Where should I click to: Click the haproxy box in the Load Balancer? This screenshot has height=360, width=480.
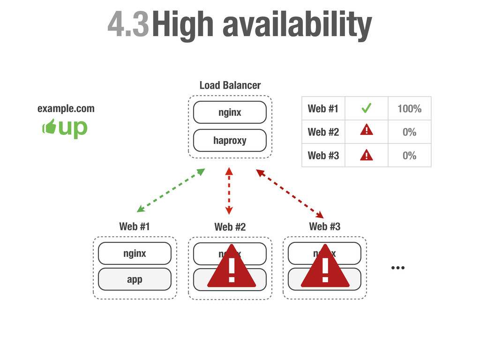230,141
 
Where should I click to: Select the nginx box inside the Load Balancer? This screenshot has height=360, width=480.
230,112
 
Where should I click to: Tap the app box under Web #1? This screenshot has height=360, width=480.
135,279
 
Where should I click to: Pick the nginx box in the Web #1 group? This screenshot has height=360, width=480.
135,254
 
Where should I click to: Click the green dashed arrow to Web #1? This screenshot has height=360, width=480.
171,191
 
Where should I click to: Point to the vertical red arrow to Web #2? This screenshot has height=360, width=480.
229,191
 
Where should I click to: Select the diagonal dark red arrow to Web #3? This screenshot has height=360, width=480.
290,194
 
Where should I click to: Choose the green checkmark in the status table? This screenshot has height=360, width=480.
366,109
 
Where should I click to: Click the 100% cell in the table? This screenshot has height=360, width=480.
409,109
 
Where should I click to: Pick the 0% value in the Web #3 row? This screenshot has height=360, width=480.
409,156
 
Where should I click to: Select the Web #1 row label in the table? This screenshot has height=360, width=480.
323,109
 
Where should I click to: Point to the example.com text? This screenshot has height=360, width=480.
66,109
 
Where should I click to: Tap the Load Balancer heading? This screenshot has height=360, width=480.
230,85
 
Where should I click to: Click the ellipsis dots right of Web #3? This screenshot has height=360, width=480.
397,268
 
